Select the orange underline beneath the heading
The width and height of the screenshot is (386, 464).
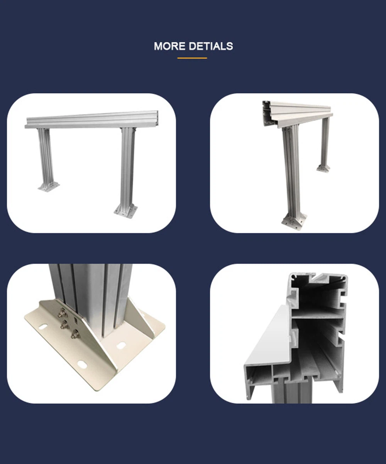(x=192, y=58)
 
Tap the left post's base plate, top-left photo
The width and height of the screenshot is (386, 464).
(x=48, y=186)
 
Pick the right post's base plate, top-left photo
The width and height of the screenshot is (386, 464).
(x=126, y=211)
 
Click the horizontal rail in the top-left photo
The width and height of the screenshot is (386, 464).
(x=93, y=120)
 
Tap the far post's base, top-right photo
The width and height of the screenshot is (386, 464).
(x=323, y=168)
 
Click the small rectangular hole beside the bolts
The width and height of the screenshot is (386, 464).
(x=76, y=320)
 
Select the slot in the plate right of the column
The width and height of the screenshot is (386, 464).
(x=121, y=345)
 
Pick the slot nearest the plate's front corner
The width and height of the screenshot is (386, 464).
(x=82, y=365)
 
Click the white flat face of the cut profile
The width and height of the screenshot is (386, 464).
(x=266, y=340)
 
